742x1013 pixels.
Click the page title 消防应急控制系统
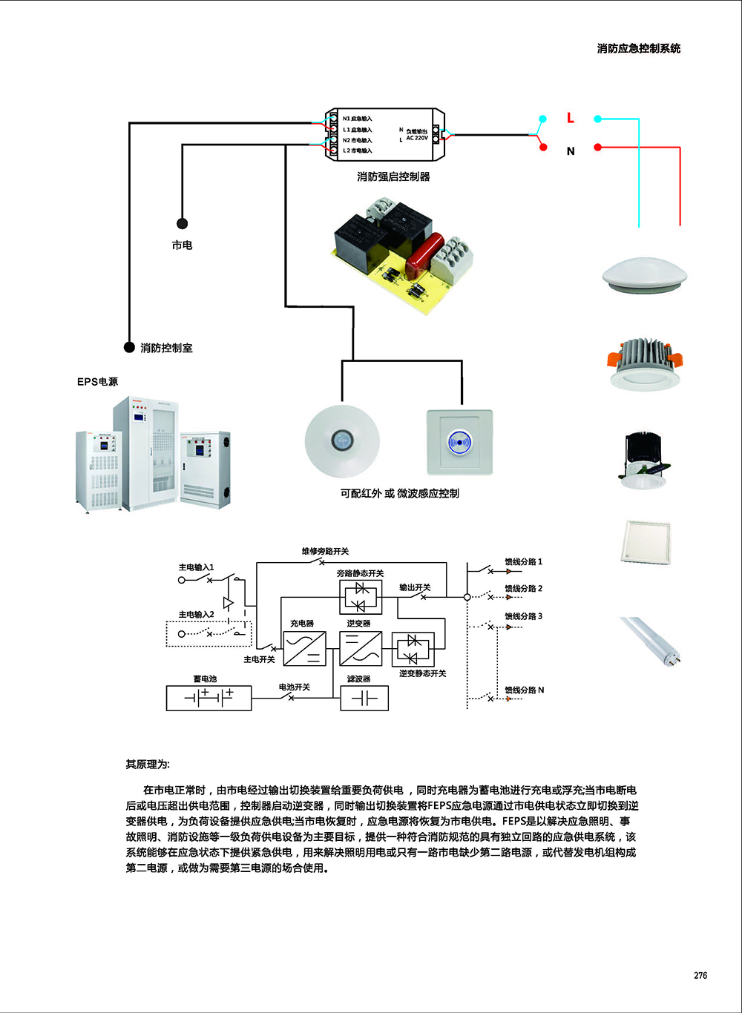tap(638, 48)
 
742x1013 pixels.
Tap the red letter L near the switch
tap(570, 118)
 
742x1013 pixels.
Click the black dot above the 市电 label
tap(182, 223)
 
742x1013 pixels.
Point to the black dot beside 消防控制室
tap(129, 348)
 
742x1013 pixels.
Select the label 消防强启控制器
tap(393, 176)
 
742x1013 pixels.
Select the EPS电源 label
tap(97, 382)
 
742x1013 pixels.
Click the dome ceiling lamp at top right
tap(644, 275)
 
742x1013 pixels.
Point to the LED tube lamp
tap(650, 639)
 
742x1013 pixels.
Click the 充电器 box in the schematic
tap(305, 648)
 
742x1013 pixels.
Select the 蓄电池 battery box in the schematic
tap(209, 698)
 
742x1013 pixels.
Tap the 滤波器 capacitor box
tap(364, 698)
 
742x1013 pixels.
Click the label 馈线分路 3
tap(524, 616)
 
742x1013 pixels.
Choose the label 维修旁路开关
tap(325, 551)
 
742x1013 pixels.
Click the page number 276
tap(700, 975)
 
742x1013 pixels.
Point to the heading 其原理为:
tap(148, 765)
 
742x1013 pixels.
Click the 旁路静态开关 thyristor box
tap(361, 596)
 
